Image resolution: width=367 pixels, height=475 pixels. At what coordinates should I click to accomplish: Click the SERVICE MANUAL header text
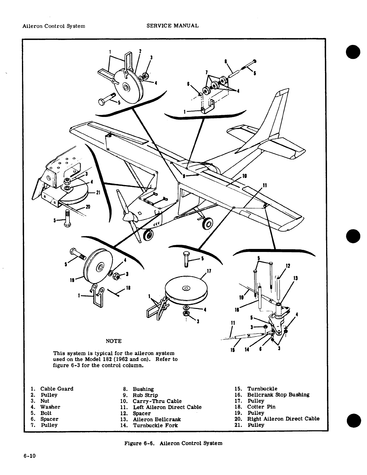(172, 26)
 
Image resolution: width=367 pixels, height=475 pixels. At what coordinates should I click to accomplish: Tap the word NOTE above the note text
(114, 341)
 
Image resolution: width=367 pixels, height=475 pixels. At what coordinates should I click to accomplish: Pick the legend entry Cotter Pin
(261, 407)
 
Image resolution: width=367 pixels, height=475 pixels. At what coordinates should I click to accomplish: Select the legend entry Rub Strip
(145, 395)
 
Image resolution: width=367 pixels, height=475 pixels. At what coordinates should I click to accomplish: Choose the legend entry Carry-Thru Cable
(157, 401)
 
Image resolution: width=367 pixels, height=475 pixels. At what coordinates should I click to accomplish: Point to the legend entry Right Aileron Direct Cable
(283, 419)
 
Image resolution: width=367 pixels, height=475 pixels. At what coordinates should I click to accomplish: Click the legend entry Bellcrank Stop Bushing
(278, 395)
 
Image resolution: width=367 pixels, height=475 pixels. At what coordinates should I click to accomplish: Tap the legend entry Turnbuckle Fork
(156, 425)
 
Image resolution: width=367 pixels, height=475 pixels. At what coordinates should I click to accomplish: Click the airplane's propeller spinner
(128, 215)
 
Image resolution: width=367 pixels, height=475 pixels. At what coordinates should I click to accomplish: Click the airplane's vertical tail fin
(277, 115)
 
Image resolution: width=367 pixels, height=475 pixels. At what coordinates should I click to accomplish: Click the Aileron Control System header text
(54, 26)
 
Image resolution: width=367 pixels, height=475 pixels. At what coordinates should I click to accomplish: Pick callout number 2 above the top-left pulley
(140, 51)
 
